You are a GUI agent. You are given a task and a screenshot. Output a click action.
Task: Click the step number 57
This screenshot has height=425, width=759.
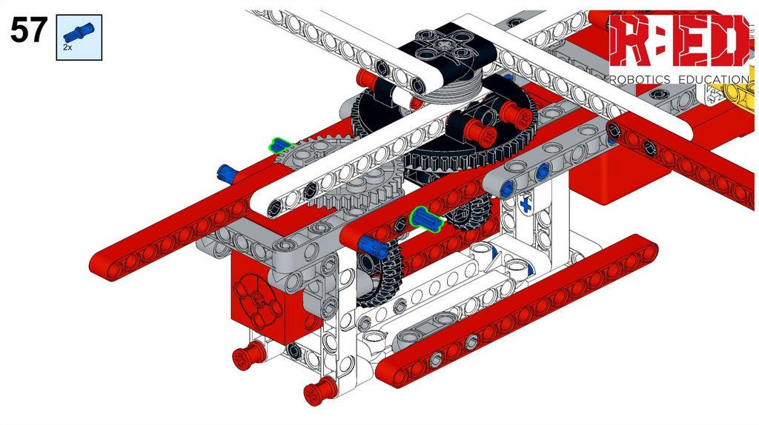click(x=29, y=30)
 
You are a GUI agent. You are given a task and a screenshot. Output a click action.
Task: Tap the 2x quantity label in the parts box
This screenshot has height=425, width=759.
click(x=67, y=47)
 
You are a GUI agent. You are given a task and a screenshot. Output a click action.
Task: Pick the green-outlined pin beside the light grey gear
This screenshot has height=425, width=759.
click(x=281, y=144)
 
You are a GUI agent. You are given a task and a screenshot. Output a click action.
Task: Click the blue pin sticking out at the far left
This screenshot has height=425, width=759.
click(x=227, y=173)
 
